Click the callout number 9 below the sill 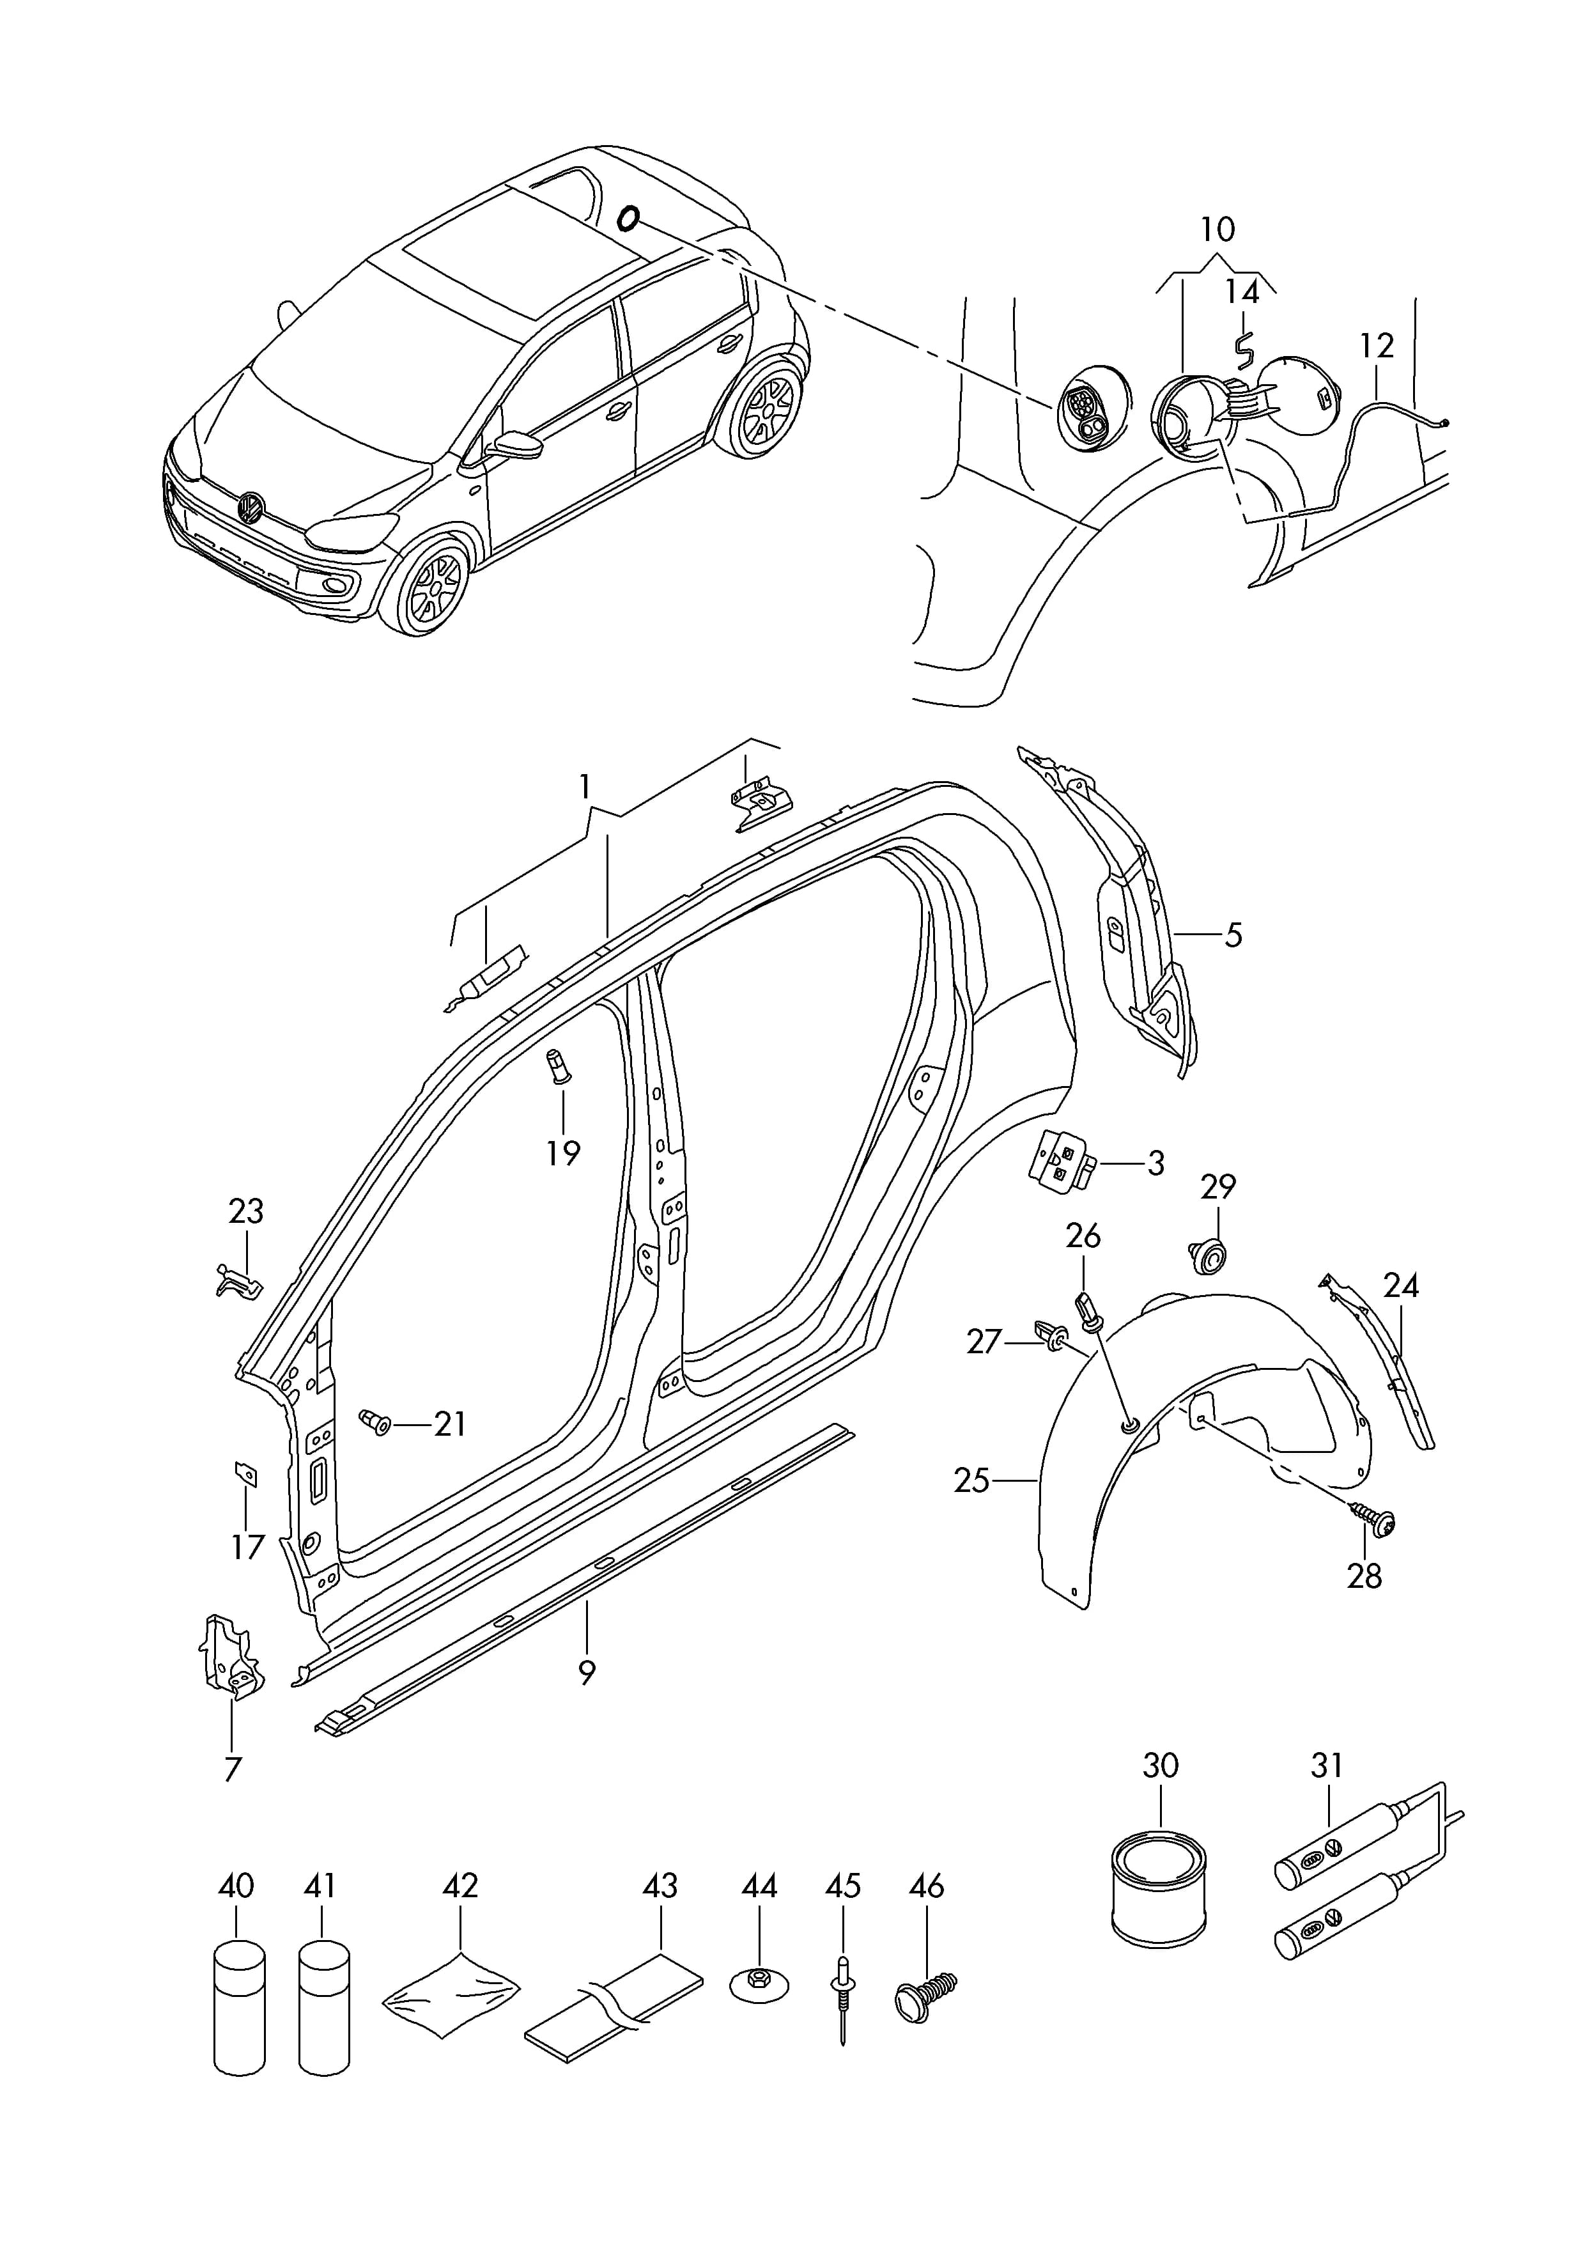click(587, 1672)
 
